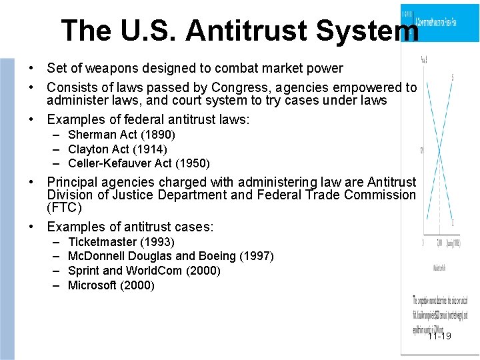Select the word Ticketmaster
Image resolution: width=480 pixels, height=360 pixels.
103,242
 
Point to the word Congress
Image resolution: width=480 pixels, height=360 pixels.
237,87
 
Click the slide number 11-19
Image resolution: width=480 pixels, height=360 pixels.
439,335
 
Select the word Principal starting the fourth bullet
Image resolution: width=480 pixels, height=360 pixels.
70,182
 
